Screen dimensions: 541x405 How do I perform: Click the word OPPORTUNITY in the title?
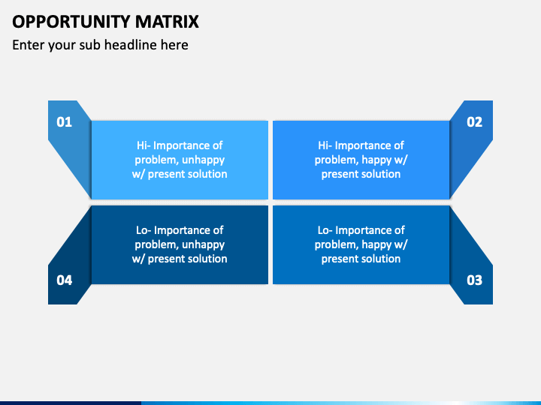[x=71, y=22]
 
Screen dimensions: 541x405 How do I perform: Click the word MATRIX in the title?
[x=167, y=22]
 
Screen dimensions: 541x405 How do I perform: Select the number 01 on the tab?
[x=64, y=122]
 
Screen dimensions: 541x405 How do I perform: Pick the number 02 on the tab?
[x=474, y=122]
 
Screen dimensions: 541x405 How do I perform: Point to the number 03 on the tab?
[x=474, y=280]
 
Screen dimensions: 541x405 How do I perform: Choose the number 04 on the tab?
[x=64, y=280]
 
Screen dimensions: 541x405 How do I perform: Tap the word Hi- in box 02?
[x=325, y=145]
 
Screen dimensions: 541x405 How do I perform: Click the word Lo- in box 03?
[x=325, y=230]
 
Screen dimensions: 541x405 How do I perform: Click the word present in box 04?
[x=165, y=259]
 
